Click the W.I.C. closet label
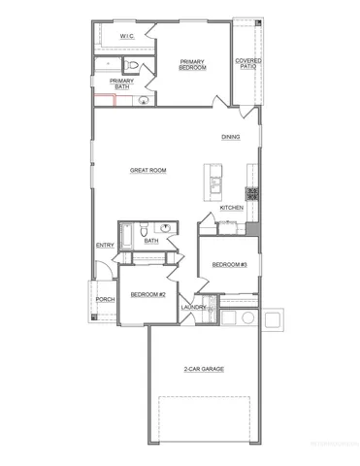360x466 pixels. [x=126, y=36]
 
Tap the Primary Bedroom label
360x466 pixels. [x=193, y=64]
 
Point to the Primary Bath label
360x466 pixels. [x=121, y=83]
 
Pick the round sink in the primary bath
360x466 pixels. [x=144, y=98]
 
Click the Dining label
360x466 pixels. [x=230, y=137]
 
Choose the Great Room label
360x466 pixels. [x=148, y=170]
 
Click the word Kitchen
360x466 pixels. [x=231, y=208]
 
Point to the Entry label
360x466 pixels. [x=105, y=245]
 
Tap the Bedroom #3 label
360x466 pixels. [x=230, y=264]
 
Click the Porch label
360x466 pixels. [x=105, y=299]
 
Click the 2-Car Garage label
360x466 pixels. [x=203, y=369]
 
